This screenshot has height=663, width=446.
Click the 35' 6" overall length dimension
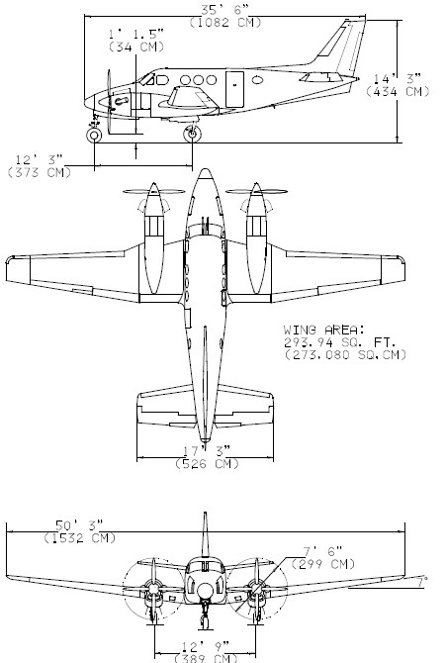click(x=224, y=10)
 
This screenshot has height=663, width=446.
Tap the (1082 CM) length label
click(x=225, y=23)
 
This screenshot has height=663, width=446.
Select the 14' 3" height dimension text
click(x=397, y=78)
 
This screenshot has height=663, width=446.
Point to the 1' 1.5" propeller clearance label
click(x=136, y=34)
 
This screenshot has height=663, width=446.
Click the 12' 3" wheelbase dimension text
click(x=39, y=160)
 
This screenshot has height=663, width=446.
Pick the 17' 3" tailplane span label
click(x=207, y=450)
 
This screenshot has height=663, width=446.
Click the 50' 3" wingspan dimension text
click(x=79, y=525)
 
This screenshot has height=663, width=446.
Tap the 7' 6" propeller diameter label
click(x=323, y=551)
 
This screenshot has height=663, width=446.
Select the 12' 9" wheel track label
click(x=206, y=646)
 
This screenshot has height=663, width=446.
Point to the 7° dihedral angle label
click(x=420, y=582)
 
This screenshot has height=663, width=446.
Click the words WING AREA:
click(x=323, y=330)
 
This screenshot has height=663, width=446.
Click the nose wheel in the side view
click(x=94, y=136)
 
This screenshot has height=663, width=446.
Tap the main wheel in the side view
click(x=193, y=134)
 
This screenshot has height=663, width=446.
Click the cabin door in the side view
click(x=234, y=89)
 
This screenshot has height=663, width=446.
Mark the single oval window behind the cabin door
click(x=257, y=79)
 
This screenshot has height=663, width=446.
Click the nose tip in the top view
click(x=205, y=169)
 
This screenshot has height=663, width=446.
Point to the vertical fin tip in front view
click(x=205, y=514)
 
